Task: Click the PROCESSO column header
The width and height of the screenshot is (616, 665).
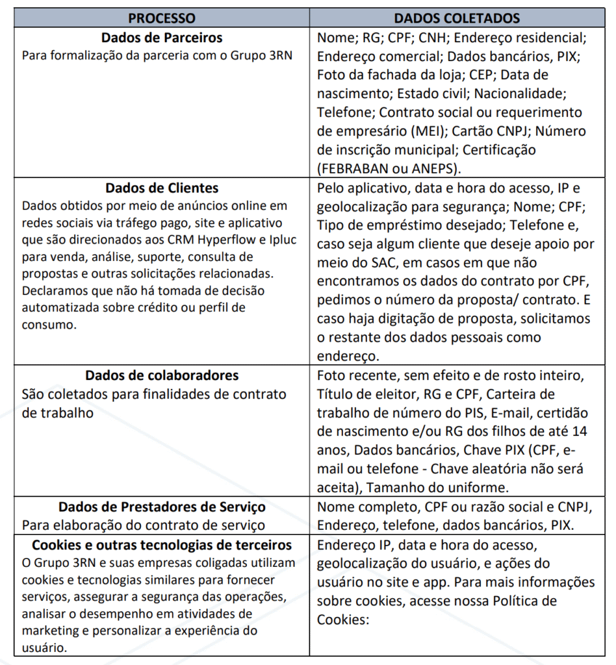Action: (x=161, y=18)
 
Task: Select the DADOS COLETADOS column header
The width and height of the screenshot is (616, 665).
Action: (x=457, y=18)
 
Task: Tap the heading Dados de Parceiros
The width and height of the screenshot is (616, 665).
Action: (x=162, y=38)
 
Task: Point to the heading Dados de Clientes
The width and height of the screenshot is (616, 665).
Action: (x=162, y=188)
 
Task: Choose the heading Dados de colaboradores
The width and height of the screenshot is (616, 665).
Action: (x=162, y=376)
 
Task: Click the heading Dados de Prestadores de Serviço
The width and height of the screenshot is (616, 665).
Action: (x=162, y=507)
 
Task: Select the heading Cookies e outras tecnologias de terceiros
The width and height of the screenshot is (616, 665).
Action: (x=162, y=544)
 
